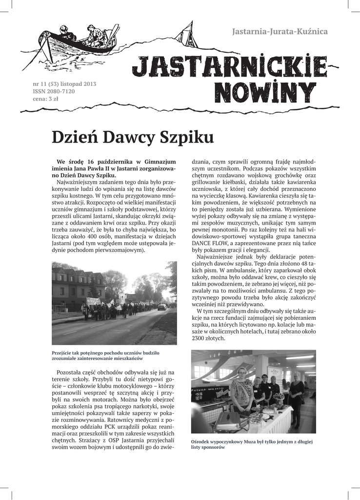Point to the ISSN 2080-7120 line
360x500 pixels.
click(x=54, y=91)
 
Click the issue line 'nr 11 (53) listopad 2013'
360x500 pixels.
click(x=64, y=84)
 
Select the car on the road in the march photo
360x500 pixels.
click(x=161, y=307)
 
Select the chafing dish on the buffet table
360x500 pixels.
click(x=229, y=420)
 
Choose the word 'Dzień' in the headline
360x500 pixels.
click(x=74, y=138)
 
